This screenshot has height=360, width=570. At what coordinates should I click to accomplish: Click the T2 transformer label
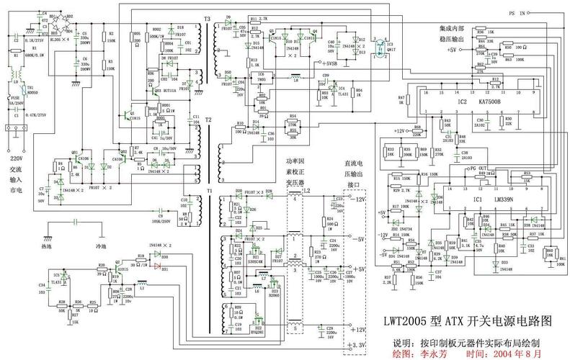(x=208, y=119)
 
